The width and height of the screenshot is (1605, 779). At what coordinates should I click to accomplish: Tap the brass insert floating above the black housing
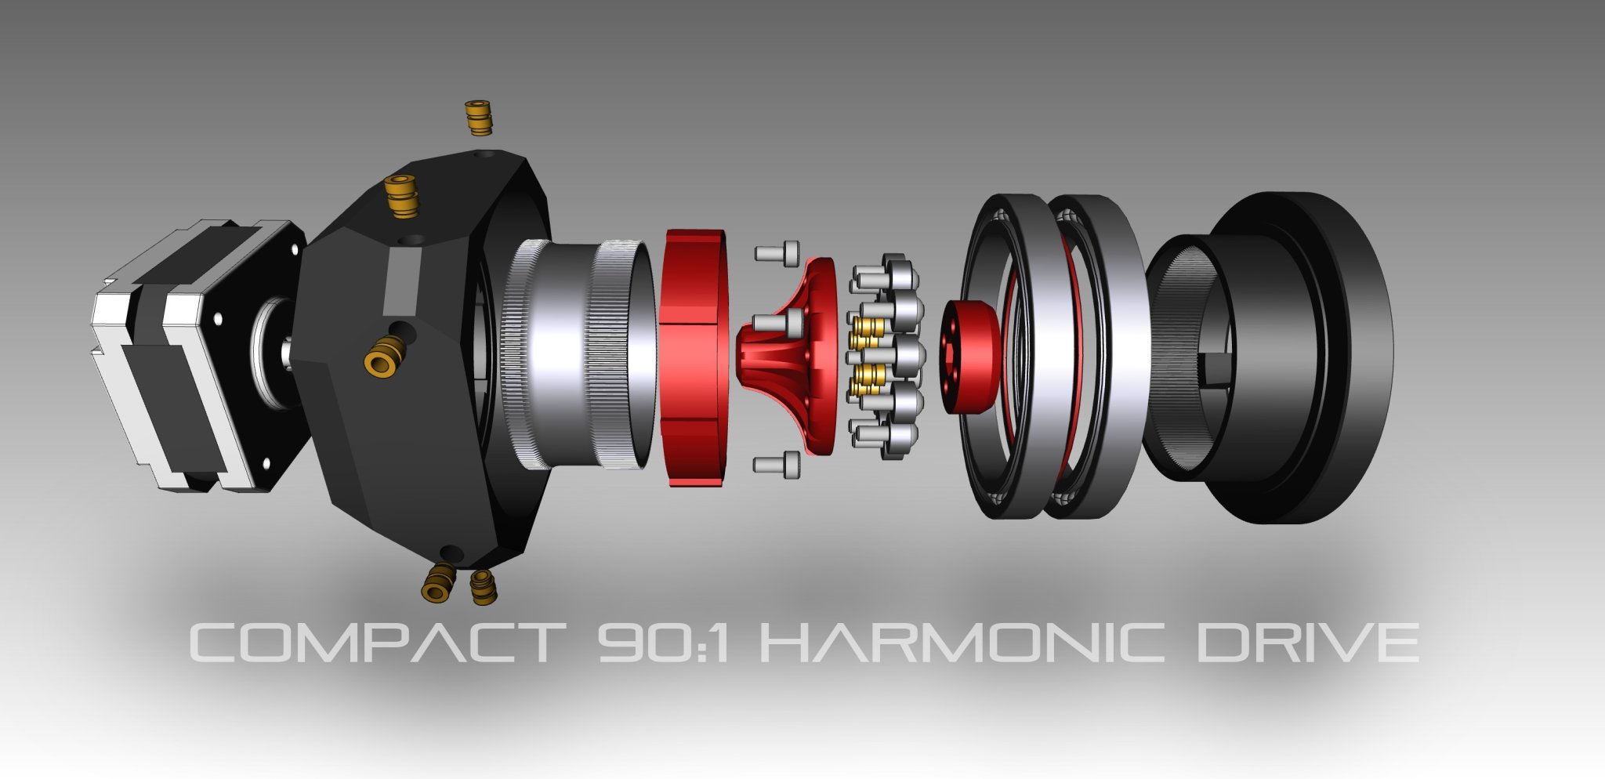click(x=477, y=118)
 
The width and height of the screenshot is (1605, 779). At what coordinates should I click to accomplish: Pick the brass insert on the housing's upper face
click(x=400, y=195)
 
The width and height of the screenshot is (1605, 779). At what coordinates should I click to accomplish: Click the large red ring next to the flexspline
click(x=694, y=357)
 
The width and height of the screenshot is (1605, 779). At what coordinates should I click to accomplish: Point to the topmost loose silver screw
click(x=777, y=252)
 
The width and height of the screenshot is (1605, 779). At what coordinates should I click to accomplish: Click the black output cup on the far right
click(x=1285, y=357)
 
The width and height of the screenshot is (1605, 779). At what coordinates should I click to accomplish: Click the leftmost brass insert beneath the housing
click(x=438, y=582)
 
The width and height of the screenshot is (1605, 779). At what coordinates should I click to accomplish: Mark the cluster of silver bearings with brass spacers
click(x=886, y=357)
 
